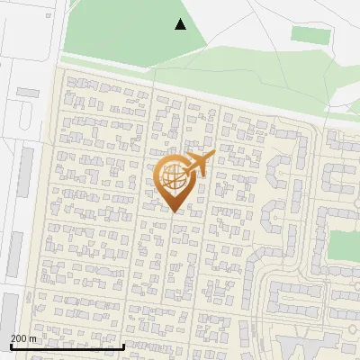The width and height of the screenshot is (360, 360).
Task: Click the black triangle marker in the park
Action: [x=180, y=24]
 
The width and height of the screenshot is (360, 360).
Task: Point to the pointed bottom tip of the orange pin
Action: [x=173, y=212]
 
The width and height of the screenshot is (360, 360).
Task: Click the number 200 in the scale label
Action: [x=19, y=337]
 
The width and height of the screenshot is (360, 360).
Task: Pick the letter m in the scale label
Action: [x=32, y=337]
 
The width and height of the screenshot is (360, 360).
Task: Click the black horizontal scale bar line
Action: [x=67, y=346]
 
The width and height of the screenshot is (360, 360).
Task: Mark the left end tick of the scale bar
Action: [x=11, y=345]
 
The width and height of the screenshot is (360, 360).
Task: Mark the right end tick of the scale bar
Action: [x=123, y=345]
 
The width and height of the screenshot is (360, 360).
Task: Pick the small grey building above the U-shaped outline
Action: [x=27, y=92]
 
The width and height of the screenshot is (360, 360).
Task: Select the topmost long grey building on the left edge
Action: [x=25, y=171]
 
